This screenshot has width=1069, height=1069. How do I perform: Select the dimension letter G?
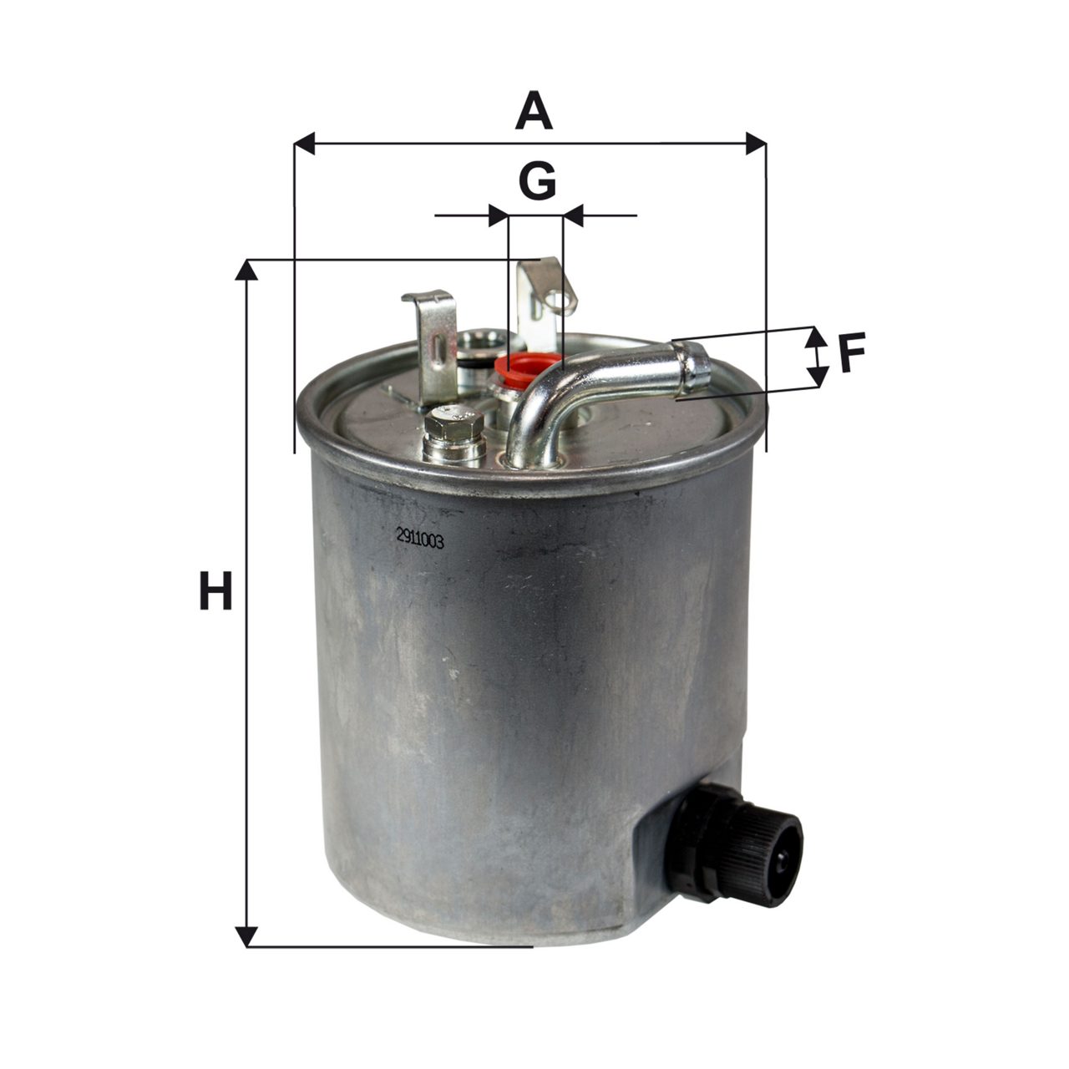537,180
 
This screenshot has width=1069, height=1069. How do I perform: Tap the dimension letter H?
215,590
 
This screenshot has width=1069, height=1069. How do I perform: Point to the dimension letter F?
852,352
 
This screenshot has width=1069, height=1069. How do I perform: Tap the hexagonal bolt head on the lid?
453,423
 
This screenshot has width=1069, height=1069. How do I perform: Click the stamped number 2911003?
420,538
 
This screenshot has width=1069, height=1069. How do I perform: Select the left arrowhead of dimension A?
305,144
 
